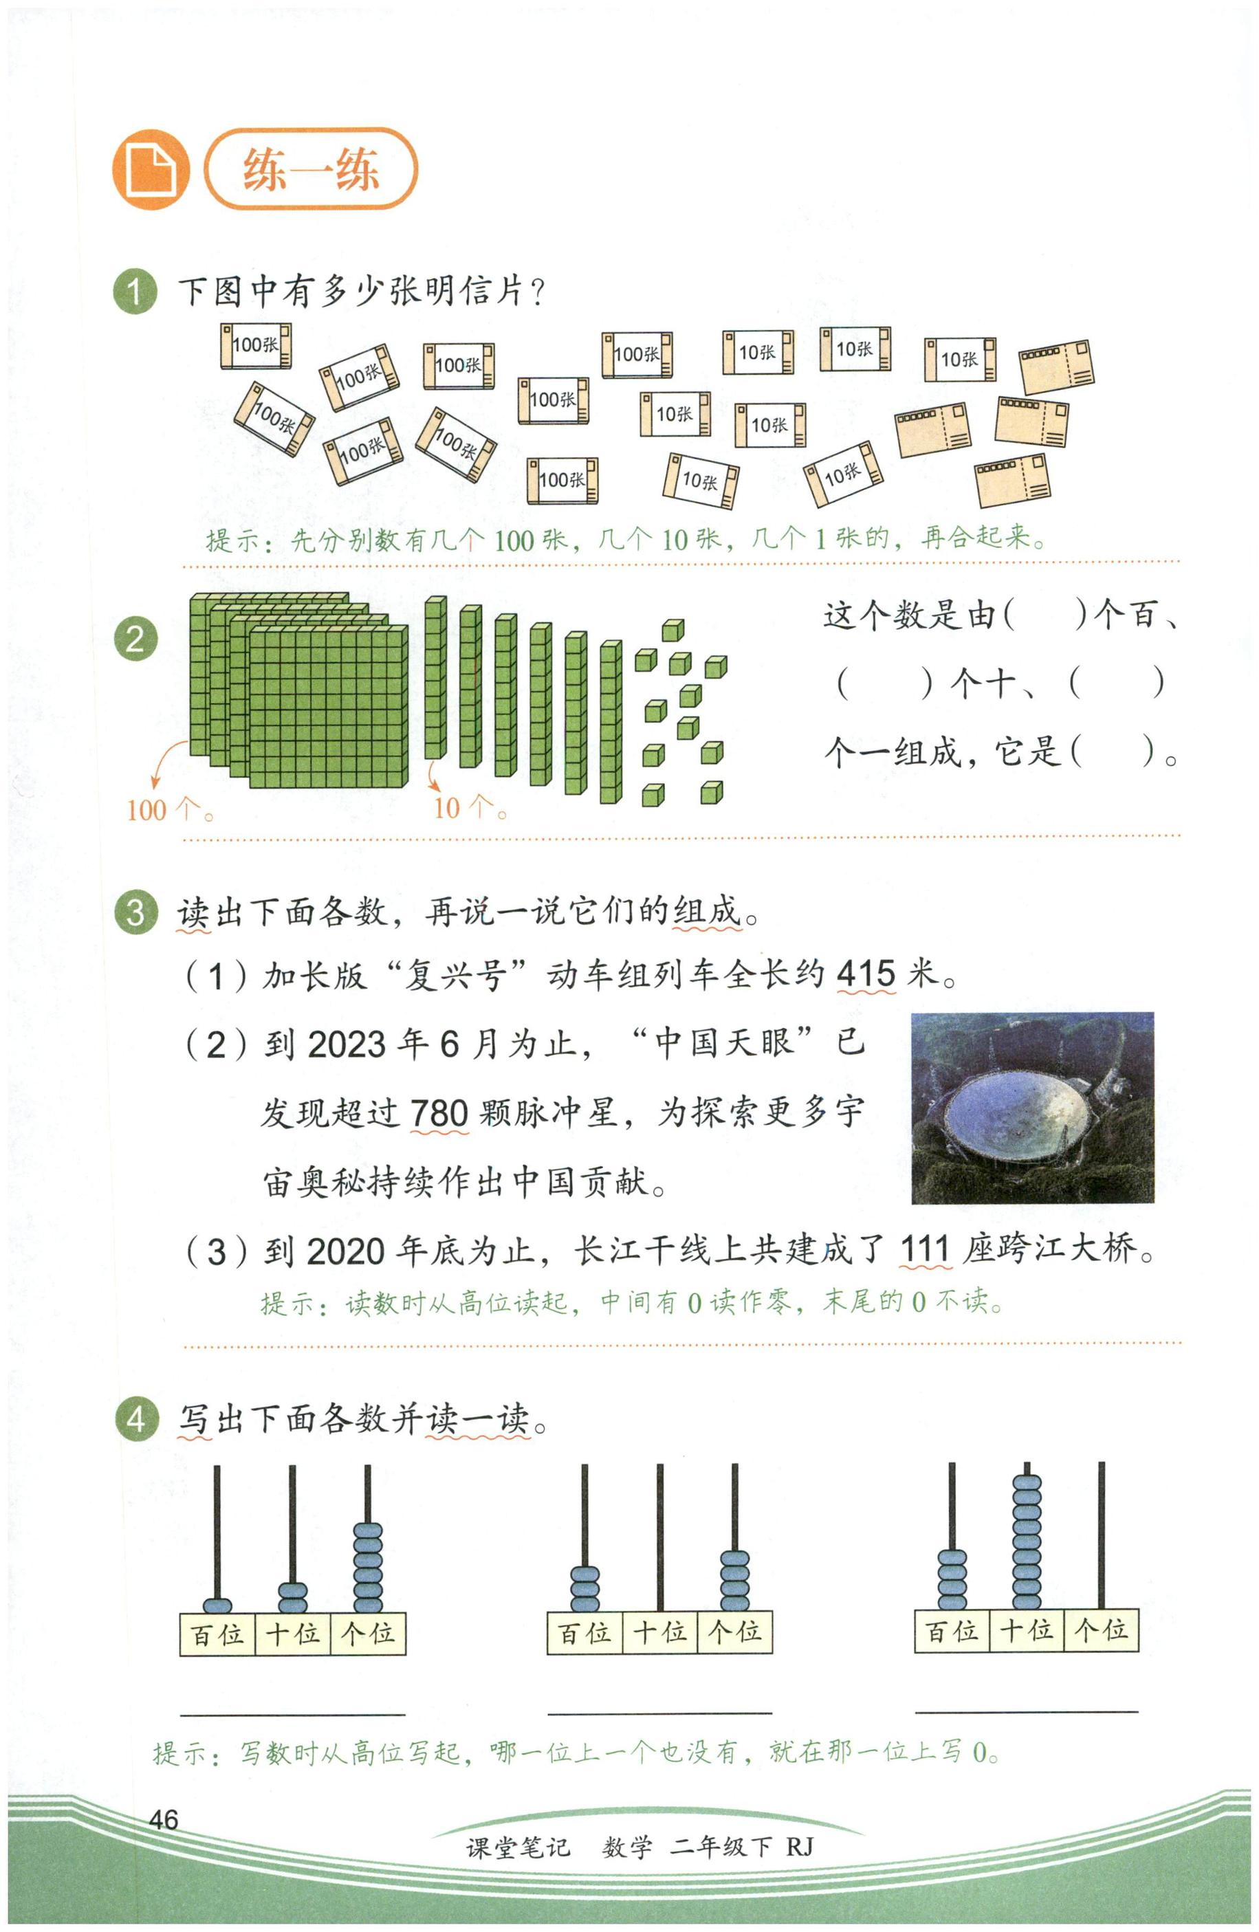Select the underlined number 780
439,1111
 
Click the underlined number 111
925,1249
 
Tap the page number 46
163,1836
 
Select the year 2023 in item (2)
347,1043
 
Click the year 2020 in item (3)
346,1251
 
